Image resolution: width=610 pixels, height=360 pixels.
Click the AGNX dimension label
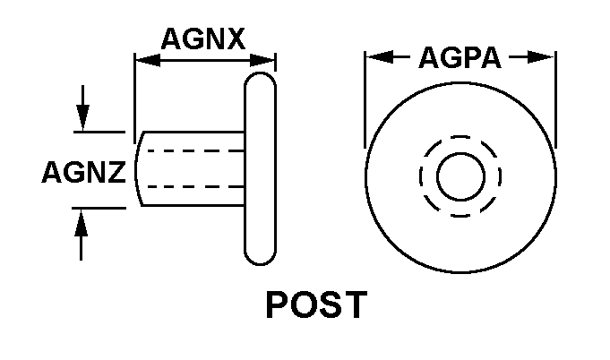[203, 39]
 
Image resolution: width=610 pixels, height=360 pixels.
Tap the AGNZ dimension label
[83, 172]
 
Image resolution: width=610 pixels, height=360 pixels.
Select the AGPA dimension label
[460, 57]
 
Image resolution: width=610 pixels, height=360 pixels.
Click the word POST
[317, 304]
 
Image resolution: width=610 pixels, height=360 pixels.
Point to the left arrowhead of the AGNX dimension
[148, 60]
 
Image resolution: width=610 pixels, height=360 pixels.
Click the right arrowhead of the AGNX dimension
[262, 60]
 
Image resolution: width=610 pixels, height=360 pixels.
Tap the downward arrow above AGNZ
[82, 108]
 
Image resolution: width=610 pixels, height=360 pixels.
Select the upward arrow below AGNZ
[81, 235]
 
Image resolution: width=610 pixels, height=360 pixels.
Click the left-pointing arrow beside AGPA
[388, 56]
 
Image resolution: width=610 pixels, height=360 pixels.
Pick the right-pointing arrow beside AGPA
[531, 57]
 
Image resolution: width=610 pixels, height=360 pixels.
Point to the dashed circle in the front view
[460, 136]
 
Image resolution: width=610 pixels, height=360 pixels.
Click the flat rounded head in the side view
[261, 168]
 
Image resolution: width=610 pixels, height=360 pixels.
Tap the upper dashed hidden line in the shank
[195, 150]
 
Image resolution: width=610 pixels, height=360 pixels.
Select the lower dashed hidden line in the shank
[195, 186]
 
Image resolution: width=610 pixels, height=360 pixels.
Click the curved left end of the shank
[136, 168]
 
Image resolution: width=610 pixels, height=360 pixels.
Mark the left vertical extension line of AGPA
[365, 99]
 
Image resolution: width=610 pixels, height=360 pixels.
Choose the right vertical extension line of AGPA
[556, 99]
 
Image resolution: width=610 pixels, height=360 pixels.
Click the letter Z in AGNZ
[116, 172]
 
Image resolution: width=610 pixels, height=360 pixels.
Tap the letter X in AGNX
[236, 39]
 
